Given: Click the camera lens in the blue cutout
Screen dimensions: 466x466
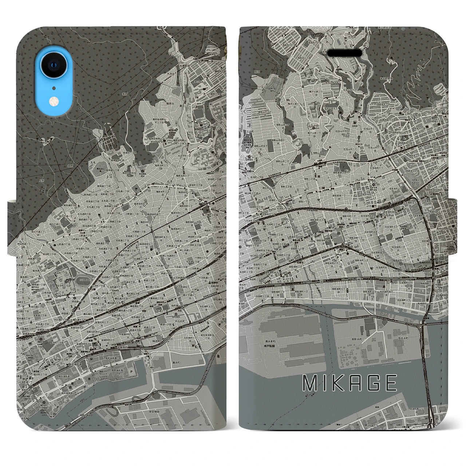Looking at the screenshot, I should point(54,66).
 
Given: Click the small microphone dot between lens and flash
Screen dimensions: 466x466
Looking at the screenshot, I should point(54,88).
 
